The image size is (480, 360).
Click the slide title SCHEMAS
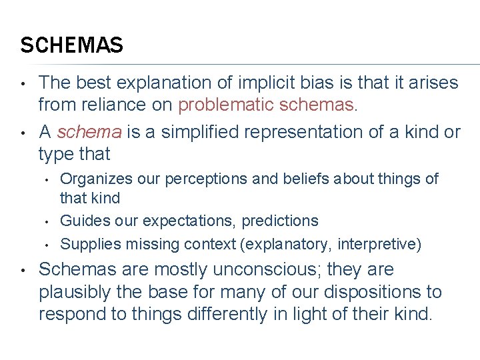pyautogui.click(x=71, y=45)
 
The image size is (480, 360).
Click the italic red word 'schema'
pyautogui.click(x=89, y=132)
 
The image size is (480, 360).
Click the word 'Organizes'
pyautogui.click(x=91, y=179)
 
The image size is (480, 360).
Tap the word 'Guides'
pyautogui.click(x=80, y=221)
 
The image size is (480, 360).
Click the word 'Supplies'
pyautogui.click(x=86, y=244)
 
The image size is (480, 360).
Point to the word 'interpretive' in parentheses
pyautogui.click(x=377, y=244)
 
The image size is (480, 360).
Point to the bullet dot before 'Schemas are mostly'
pyautogui.click(x=23, y=271)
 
